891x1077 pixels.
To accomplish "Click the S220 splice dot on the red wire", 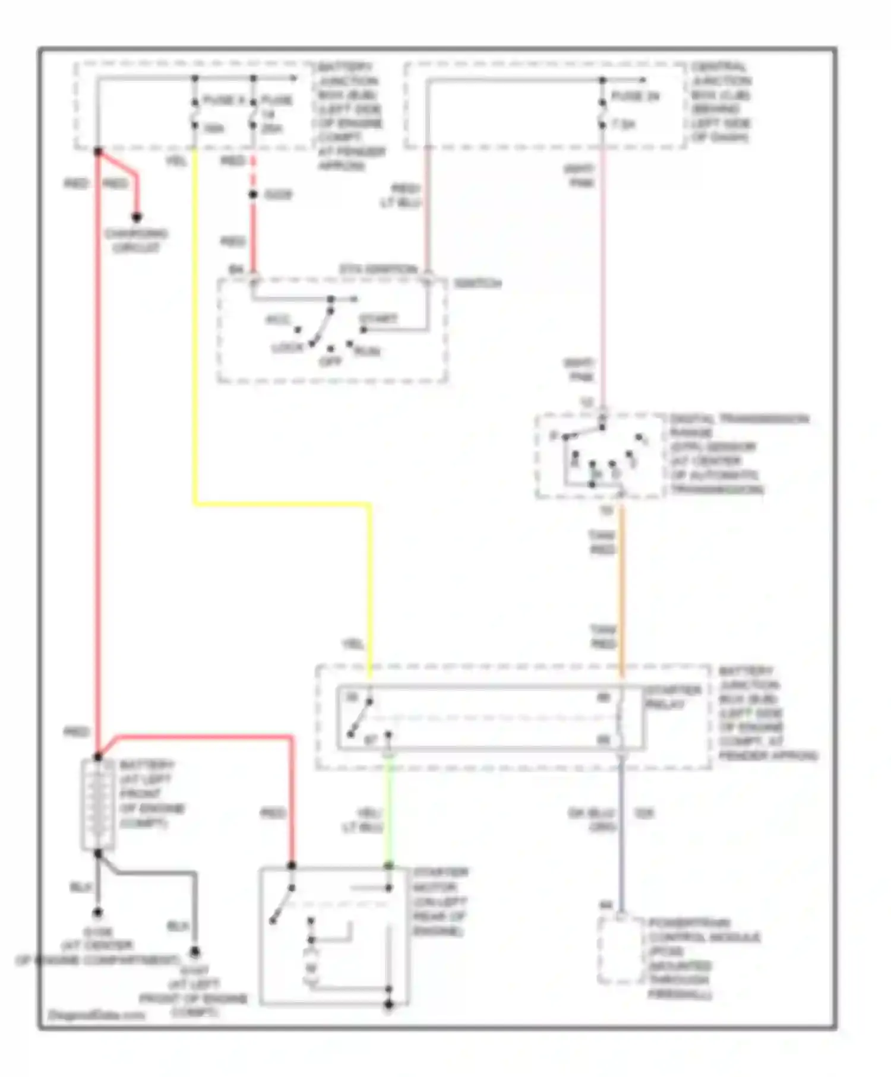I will (x=253, y=195).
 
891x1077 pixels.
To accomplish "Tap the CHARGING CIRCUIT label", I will (x=136, y=240).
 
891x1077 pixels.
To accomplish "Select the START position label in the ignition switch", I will (x=378, y=319).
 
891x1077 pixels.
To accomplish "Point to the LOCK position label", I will (x=287, y=348).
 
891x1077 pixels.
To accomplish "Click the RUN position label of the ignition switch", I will (x=367, y=351).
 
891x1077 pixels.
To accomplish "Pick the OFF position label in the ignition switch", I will (x=330, y=361).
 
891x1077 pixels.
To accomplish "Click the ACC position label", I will (x=277, y=320).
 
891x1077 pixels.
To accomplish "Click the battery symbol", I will (x=97, y=805).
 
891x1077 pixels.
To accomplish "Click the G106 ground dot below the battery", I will (x=97, y=913).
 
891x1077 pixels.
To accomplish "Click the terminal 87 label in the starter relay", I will (x=370, y=740).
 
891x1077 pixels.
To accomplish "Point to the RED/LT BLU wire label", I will (x=402, y=196).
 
